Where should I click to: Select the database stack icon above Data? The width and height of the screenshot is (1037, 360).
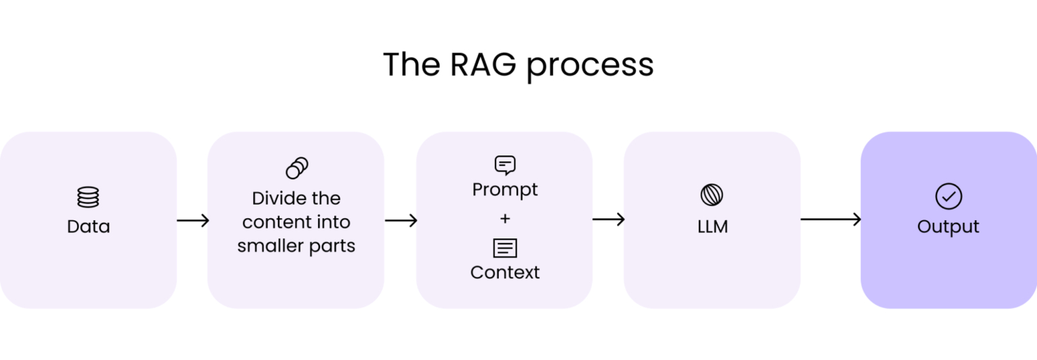pyautogui.click(x=88, y=197)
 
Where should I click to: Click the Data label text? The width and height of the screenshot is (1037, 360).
pyautogui.click(x=88, y=226)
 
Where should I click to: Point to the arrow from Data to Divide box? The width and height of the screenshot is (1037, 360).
pyautogui.click(x=192, y=220)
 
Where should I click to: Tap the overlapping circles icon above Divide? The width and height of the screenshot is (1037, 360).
pyautogui.click(x=296, y=168)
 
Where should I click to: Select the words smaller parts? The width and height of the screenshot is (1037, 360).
pyautogui.click(x=296, y=246)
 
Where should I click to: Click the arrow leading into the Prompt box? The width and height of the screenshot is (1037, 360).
pyautogui.click(x=401, y=220)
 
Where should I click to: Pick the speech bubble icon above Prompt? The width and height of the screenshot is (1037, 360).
pyautogui.click(x=504, y=165)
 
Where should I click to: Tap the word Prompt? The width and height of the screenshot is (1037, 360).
pyautogui.click(x=505, y=190)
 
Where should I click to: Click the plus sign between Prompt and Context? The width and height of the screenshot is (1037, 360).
pyautogui.click(x=505, y=219)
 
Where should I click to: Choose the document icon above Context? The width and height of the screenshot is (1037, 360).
pyautogui.click(x=505, y=248)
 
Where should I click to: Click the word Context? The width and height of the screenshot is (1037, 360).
pyautogui.click(x=505, y=272)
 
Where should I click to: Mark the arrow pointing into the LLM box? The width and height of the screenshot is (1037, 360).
pyautogui.click(x=608, y=219)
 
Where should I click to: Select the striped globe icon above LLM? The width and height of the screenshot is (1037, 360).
pyautogui.click(x=712, y=195)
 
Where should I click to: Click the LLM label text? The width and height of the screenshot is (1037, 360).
pyautogui.click(x=712, y=227)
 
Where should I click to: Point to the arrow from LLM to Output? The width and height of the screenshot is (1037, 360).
pyautogui.click(x=830, y=219)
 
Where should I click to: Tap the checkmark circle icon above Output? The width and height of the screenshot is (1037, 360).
pyautogui.click(x=948, y=197)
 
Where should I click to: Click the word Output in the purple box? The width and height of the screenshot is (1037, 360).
pyautogui.click(x=948, y=226)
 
